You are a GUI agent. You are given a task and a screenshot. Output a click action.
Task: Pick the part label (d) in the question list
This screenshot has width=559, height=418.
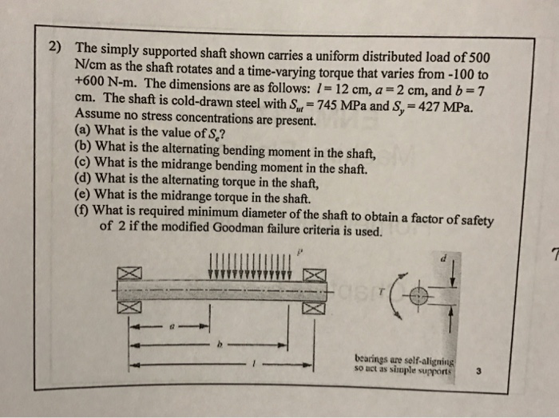[82, 179]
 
